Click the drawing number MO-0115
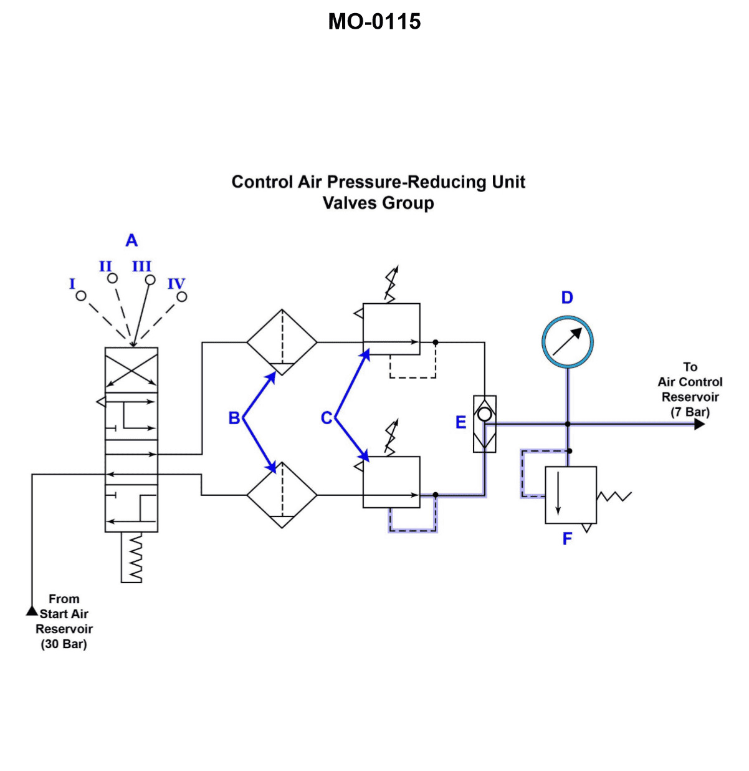click(x=374, y=22)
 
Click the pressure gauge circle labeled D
click(x=567, y=342)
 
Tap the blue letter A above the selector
click(x=131, y=240)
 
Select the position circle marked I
click(x=81, y=296)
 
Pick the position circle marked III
click(x=150, y=280)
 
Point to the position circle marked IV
click(x=181, y=297)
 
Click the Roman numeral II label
click(x=105, y=266)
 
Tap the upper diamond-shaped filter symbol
click(x=282, y=342)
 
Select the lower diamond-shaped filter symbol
click(x=282, y=495)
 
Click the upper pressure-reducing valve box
click(x=391, y=329)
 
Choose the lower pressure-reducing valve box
click(x=391, y=482)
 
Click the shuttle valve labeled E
click(x=485, y=424)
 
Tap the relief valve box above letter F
click(x=571, y=495)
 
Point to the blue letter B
click(x=234, y=418)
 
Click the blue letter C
click(x=326, y=418)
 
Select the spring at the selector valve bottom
click(x=132, y=558)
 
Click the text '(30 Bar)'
click(x=64, y=644)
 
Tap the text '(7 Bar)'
click(x=690, y=412)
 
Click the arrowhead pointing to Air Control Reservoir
click(x=699, y=424)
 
